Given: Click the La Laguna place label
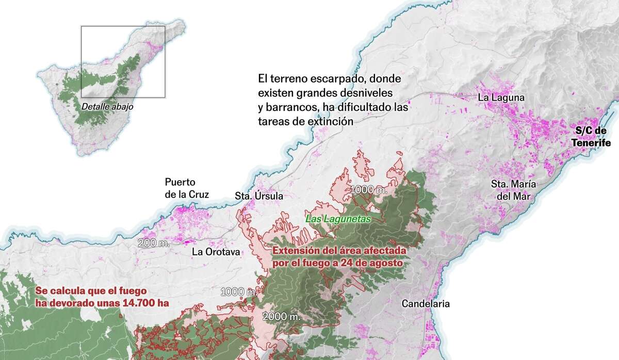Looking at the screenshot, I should coord(501,97).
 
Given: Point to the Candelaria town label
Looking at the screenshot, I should coord(426,304).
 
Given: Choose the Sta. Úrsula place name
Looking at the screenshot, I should coord(259,196).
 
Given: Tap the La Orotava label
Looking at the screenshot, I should coord(216,252).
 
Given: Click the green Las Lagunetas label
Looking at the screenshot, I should coord(338,219).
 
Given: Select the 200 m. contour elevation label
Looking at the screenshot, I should coord(153,243).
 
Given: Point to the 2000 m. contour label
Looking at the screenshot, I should coord(281,316).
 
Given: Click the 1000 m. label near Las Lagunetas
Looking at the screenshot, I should coord(369,190).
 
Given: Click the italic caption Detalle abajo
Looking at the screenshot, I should coord(107,107).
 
